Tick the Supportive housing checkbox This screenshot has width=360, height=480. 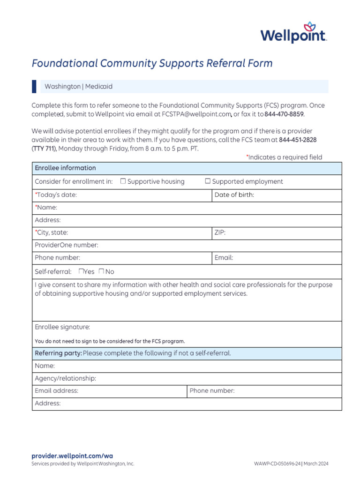(123, 181)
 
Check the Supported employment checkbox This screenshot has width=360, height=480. (208, 181)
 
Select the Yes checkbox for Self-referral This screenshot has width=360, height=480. (81, 271)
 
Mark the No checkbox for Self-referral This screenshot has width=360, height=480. (101, 271)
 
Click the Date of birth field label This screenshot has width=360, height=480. (234, 195)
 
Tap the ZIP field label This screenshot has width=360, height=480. (220, 232)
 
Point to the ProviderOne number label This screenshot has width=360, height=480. (66, 245)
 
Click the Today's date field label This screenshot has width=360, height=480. (56, 195)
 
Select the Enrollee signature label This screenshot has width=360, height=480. (62, 327)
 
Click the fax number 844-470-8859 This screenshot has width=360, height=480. (284, 114)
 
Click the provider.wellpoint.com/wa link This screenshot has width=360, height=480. (72, 456)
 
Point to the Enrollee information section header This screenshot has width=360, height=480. (65, 168)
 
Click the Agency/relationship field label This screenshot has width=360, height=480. (65, 378)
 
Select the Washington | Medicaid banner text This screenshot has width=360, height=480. (78, 87)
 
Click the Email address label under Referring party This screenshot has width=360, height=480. (56, 390)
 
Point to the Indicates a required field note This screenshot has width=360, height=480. (284, 157)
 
